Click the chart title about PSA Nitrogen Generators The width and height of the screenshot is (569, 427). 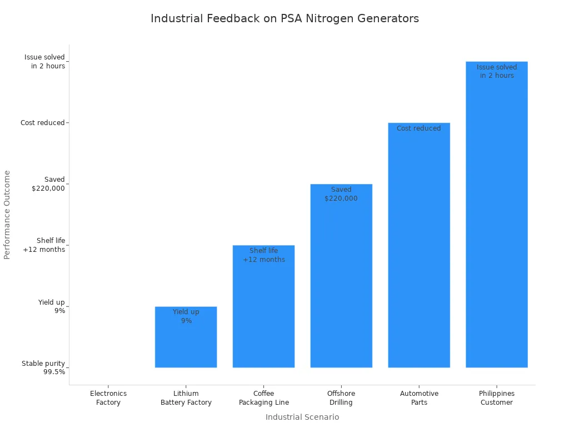[x=284, y=18]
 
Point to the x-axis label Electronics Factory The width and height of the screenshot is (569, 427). [x=108, y=398]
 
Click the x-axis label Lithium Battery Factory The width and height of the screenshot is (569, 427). [x=186, y=398]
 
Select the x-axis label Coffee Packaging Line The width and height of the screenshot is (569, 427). [x=264, y=398]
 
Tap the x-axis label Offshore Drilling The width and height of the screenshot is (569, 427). [x=341, y=398]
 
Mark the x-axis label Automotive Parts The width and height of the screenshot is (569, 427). [x=419, y=398]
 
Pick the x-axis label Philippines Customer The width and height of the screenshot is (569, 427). [x=497, y=398]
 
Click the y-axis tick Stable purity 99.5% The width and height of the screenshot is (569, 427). [x=43, y=368]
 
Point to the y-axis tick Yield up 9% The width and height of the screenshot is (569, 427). [x=52, y=306]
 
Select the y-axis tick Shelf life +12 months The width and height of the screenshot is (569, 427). [x=44, y=245]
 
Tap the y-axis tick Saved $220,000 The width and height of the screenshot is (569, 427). [x=48, y=184]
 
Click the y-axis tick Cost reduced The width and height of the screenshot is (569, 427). [x=43, y=123]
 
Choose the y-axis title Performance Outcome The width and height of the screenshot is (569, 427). [x=7, y=215]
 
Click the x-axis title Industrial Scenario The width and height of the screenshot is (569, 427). [x=302, y=417]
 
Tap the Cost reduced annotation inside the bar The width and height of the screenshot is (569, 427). [x=419, y=128]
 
